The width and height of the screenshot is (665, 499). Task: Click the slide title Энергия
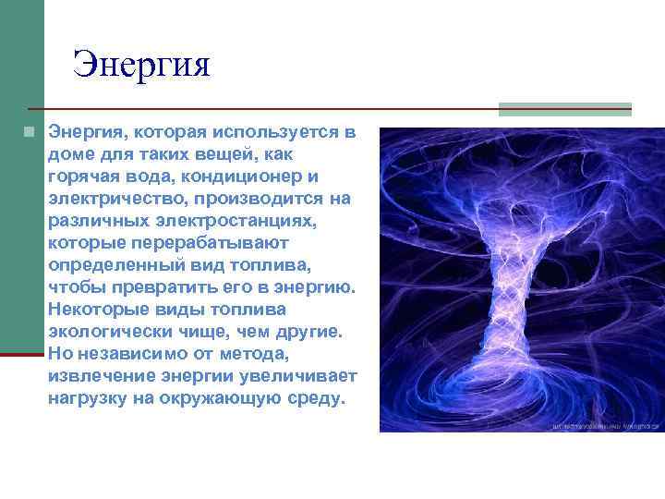click(x=142, y=65)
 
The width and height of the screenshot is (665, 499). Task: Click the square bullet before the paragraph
click(x=30, y=132)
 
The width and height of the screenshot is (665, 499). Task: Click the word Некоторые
click(x=98, y=310)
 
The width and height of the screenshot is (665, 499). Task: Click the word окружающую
click(x=216, y=399)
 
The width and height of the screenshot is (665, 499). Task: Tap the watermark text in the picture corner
click(x=605, y=427)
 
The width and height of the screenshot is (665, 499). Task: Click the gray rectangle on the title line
click(x=564, y=109)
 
